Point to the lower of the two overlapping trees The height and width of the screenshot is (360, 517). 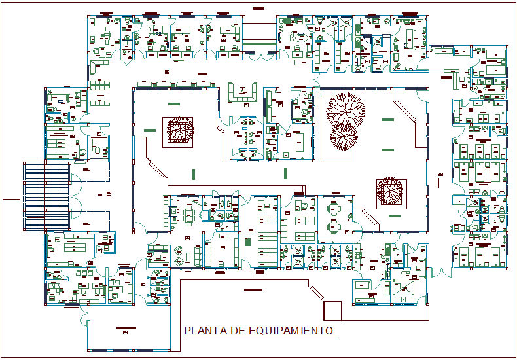[x=344, y=135]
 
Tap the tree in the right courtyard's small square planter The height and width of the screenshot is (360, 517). [x=389, y=191]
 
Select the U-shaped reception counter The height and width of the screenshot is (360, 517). [x=242, y=92]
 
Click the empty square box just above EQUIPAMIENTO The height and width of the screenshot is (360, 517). [x=332, y=310]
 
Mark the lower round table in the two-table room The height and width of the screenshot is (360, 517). [x=334, y=227]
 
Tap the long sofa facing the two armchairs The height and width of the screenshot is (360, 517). [x=198, y=253]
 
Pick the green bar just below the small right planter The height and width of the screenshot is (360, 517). [x=394, y=215]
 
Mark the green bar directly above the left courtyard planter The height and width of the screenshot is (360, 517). [x=174, y=104]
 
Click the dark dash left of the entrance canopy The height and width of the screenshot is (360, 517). [x=10, y=198]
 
